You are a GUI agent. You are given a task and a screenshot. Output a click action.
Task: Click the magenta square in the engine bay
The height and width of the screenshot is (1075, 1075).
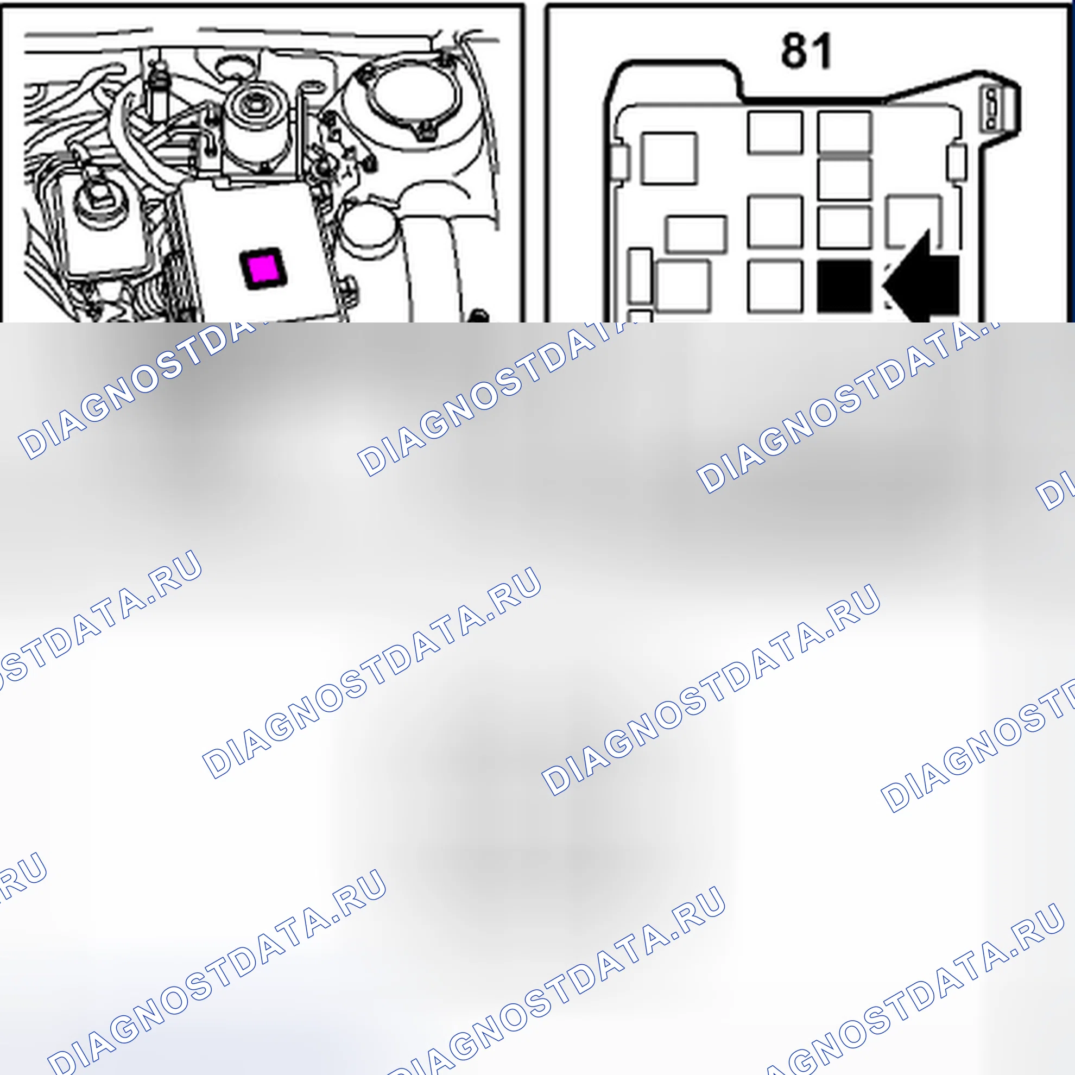[263, 269]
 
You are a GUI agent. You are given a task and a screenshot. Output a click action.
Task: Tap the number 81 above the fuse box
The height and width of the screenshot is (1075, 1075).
[806, 50]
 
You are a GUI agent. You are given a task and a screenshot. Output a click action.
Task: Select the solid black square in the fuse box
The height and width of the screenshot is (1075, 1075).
[844, 287]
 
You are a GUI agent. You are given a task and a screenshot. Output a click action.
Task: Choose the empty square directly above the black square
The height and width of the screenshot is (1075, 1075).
[845, 227]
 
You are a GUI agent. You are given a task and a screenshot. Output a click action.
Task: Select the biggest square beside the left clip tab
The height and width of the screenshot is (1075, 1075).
[668, 158]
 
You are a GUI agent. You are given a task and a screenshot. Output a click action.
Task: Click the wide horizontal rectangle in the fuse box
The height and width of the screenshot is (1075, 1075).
[696, 234]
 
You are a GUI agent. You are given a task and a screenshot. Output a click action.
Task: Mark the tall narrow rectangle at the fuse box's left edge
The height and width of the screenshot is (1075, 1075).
[640, 276]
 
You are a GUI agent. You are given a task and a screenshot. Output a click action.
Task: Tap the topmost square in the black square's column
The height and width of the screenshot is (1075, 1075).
[845, 132]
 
